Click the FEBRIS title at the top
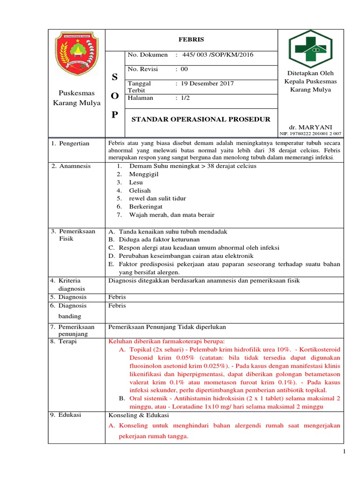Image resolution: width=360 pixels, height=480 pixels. [x=191, y=40]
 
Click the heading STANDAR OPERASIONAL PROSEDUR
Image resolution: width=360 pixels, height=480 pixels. [x=201, y=119]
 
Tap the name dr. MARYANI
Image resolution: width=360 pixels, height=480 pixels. [x=311, y=127]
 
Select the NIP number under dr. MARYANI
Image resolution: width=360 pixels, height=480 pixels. [x=311, y=134]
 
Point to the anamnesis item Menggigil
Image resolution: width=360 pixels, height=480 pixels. [x=144, y=173]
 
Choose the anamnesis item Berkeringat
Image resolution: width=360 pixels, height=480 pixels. [x=146, y=206]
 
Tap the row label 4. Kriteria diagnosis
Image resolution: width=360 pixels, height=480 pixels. [x=68, y=285]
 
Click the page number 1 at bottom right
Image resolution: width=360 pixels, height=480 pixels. [x=344, y=451]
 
